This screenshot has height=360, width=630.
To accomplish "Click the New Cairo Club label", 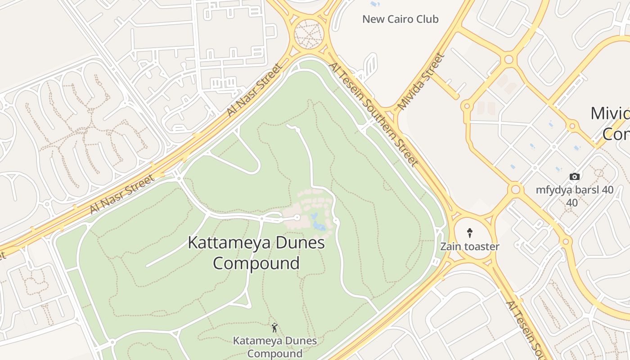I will point(400,19).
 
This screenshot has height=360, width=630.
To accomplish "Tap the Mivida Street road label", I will point(421,81).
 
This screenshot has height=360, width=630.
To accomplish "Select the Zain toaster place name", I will point(469,247).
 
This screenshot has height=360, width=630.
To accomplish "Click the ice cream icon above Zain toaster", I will point(470,233).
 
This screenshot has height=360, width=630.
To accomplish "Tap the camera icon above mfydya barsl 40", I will point(575,176).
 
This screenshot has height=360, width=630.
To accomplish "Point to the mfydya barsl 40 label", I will point(574,196).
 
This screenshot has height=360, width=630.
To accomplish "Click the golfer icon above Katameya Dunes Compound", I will point(274,328).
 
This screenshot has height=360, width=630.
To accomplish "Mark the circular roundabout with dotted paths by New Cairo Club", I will point(309,34).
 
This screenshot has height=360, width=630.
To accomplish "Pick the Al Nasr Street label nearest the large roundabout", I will point(255,90).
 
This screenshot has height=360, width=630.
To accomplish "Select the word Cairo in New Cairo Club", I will point(401,19).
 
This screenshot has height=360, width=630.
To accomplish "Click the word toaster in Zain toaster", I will point(481,247).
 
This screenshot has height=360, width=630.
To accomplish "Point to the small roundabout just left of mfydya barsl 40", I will point(515,189).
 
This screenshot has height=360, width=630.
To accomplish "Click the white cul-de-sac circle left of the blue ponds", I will point(297,218).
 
